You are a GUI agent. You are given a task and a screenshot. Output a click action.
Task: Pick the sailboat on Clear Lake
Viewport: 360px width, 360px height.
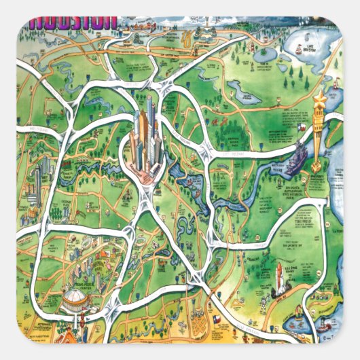[x=319, y=299]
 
